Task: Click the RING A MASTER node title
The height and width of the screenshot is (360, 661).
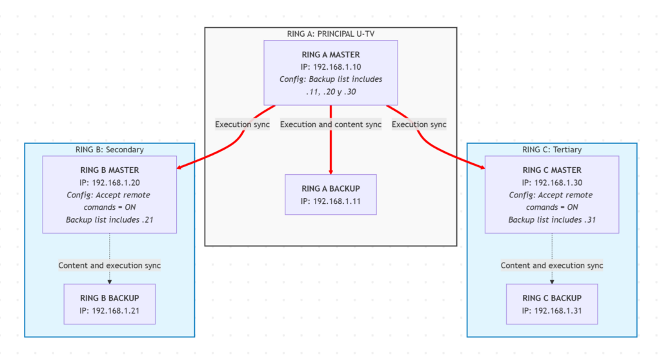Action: tap(330, 55)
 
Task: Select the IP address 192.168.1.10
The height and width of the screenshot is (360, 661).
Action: tap(330, 67)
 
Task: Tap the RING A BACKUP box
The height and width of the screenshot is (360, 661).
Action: tap(330, 194)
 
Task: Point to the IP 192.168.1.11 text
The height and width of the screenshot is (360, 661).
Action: tap(330, 201)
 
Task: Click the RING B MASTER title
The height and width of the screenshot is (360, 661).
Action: tap(109, 170)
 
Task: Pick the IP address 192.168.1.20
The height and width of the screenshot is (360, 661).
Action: tap(109, 183)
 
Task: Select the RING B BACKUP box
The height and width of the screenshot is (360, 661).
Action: tap(109, 303)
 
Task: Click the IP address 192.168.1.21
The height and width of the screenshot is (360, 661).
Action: tap(109, 310)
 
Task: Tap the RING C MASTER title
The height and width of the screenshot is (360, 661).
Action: tap(551, 170)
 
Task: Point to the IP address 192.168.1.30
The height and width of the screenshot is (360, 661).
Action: tap(551, 183)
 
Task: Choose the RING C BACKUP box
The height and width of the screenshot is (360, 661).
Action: tap(551, 303)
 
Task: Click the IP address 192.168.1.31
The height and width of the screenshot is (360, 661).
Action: tap(551, 310)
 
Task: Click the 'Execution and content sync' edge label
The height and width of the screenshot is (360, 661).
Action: tap(330, 125)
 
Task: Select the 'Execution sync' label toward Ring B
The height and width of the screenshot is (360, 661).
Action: tap(242, 125)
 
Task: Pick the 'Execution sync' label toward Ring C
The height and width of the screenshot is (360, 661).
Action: tap(419, 125)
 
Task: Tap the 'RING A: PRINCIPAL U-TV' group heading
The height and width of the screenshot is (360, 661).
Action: tap(330, 34)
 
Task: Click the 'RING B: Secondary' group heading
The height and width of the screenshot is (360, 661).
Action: tap(109, 150)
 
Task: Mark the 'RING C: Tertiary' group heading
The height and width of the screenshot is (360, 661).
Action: tap(551, 150)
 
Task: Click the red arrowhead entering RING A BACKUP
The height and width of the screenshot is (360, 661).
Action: tap(330, 171)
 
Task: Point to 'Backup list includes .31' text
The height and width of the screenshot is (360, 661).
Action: tap(551, 220)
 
